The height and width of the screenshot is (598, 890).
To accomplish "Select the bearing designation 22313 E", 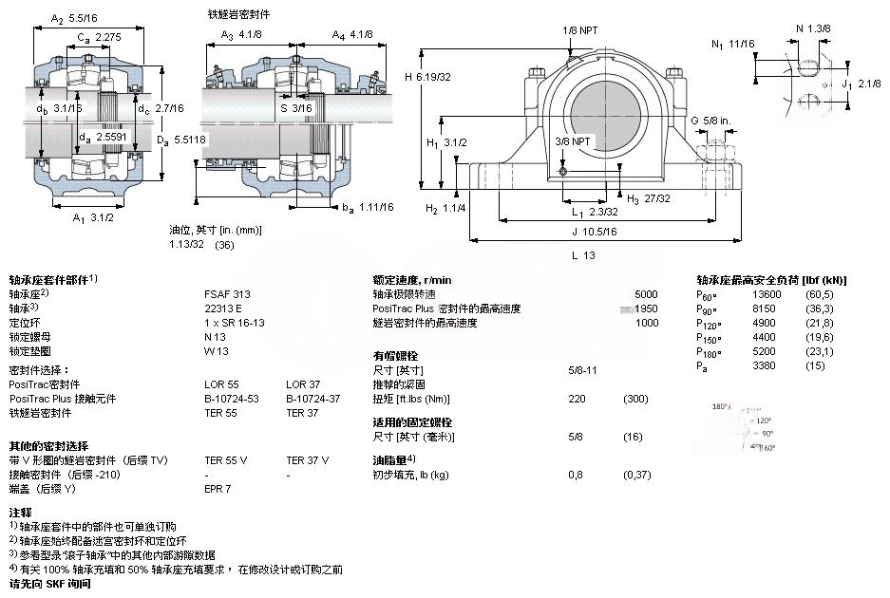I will click(223, 308).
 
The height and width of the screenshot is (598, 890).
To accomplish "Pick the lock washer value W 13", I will click(217, 351).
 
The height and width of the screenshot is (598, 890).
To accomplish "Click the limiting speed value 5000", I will click(646, 294).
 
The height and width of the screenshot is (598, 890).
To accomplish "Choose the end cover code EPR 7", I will click(218, 489).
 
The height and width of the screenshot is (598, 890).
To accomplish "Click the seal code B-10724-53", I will click(231, 399).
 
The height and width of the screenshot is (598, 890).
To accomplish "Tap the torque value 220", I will click(576, 399).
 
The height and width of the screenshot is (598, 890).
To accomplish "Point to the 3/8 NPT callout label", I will click(573, 140).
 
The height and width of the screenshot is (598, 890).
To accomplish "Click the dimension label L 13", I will click(583, 255).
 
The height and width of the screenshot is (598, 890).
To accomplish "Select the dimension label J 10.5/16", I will click(595, 231).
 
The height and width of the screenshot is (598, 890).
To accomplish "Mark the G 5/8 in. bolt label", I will click(710, 121).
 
